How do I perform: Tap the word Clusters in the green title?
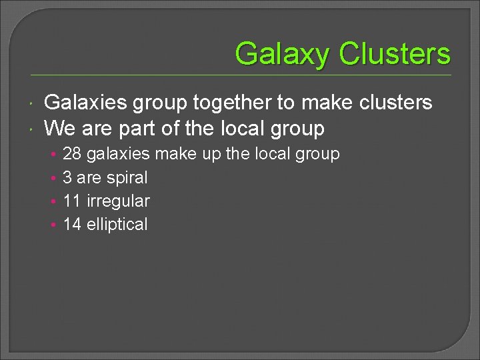(395, 53)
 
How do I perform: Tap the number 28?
(72, 154)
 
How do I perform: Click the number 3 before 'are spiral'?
(67, 177)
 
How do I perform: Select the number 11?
(72, 201)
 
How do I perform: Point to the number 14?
(72, 224)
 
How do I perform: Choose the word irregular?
(119, 201)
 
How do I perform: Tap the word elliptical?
(117, 224)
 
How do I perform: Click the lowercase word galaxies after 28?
(119, 154)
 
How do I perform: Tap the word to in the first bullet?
(285, 103)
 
